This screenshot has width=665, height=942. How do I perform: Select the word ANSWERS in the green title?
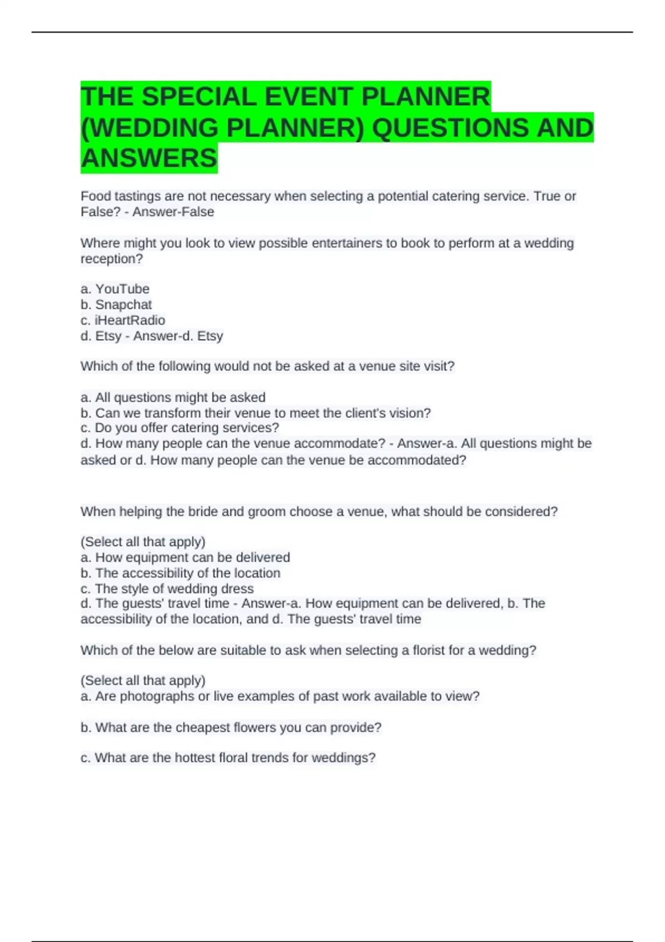pos(149,158)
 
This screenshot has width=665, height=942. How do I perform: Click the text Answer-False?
pos(173,212)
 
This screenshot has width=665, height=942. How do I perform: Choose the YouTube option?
pos(122,289)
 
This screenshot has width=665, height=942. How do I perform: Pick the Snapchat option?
pos(123,304)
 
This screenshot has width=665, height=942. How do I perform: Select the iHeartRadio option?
pos(130,320)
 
